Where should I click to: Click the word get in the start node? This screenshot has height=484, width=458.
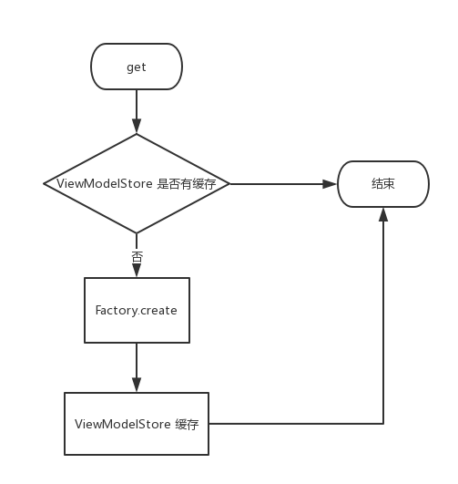tap(137, 67)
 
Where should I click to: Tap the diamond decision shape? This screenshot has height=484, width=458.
tap(137, 205)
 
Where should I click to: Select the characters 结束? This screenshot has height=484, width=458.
tap(382, 184)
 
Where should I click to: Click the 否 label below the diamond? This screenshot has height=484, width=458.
tap(137, 256)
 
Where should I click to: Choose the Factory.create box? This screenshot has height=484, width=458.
tap(137, 326)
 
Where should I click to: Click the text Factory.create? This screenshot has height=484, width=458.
tap(137, 310)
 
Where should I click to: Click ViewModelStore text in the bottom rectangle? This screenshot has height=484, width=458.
tap(121, 424)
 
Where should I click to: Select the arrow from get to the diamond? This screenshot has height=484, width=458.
tap(137, 109)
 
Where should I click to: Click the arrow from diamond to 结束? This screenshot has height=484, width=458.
tap(282, 183)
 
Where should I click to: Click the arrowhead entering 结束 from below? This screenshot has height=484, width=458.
tap(383, 213)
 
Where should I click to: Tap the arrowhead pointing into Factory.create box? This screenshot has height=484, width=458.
tap(137, 272)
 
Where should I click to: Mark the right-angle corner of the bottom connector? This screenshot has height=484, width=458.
tap(383, 423)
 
